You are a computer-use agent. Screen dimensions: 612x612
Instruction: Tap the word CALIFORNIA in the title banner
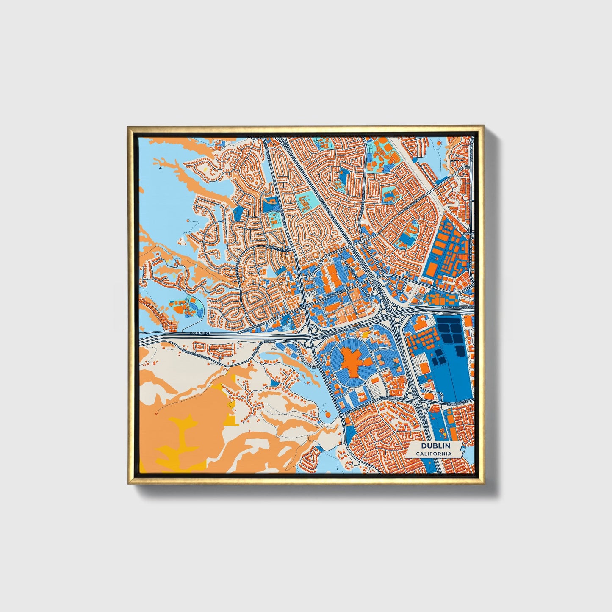[x=433, y=454]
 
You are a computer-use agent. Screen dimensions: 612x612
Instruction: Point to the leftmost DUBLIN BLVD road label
[x=200, y=333]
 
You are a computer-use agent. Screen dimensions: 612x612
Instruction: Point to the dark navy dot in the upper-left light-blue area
[x=160, y=168]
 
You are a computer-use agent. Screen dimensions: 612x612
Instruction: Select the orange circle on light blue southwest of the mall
[x=327, y=412]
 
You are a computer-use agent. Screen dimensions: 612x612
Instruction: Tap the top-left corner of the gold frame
[x=128, y=127]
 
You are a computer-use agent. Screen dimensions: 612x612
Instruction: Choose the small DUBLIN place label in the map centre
[x=305, y=305]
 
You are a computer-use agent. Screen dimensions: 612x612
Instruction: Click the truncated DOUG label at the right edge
[x=468, y=233]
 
